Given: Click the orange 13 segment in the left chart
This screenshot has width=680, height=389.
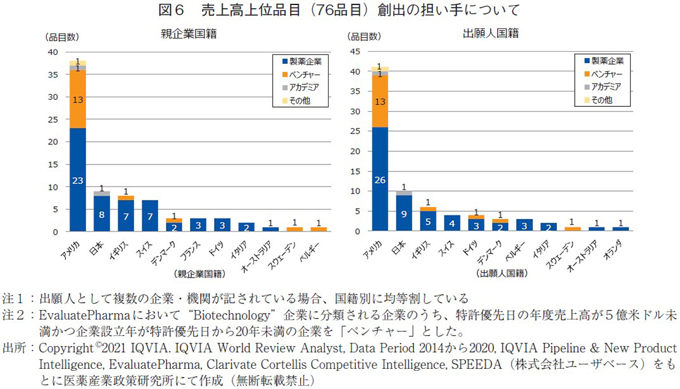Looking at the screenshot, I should (x=77, y=99).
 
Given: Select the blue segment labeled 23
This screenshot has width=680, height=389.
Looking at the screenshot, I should (x=77, y=180).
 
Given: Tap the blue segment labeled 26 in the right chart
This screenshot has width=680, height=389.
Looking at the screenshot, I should (x=380, y=180).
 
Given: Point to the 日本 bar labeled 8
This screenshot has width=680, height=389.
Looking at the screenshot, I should (x=102, y=214).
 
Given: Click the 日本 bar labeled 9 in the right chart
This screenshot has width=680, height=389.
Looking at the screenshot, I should (x=405, y=213).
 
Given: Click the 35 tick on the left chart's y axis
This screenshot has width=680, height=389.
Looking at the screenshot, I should (x=54, y=75).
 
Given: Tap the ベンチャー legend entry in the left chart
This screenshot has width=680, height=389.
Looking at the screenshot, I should (x=305, y=74).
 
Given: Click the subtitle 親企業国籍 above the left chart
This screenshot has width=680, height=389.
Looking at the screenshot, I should (x=188, y=34).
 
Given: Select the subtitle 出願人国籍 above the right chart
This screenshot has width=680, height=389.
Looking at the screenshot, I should (x=491, y=34).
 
